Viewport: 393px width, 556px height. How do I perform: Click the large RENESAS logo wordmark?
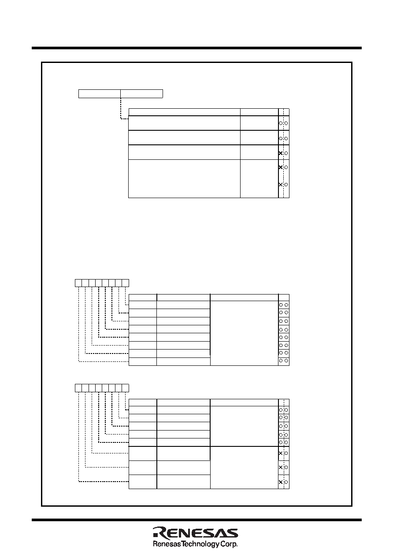click(195, 533)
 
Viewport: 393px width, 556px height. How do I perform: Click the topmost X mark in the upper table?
click(281, 153)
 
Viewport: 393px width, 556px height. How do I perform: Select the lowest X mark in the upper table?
click(281, 184)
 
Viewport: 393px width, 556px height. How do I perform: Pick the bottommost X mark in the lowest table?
click(281, 482)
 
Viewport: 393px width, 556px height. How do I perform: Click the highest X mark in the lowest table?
click(281, 453)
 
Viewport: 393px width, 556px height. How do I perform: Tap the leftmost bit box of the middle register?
click(78, 283)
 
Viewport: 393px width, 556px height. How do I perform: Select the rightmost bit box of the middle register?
click(126, 283)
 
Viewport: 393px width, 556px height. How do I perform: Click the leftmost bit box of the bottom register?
click(78, 388)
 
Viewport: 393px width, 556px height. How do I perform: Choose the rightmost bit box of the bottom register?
click(126, 388)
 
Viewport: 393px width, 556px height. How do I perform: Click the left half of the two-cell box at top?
click(100, 94)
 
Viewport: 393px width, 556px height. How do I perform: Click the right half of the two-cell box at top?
click(141, 94)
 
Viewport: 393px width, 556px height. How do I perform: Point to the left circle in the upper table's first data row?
click(281, 123)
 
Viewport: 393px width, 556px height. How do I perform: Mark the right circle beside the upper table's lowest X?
click(286, 184)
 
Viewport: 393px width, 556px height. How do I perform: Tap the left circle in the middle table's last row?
click(281, 361)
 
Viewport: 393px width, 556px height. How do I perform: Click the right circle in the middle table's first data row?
click(286, 305)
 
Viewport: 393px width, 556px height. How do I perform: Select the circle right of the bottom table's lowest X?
click(286, 482)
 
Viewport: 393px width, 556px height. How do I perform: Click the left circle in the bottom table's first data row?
click(281, 410)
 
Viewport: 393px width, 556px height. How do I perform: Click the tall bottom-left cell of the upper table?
click(184, 179)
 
